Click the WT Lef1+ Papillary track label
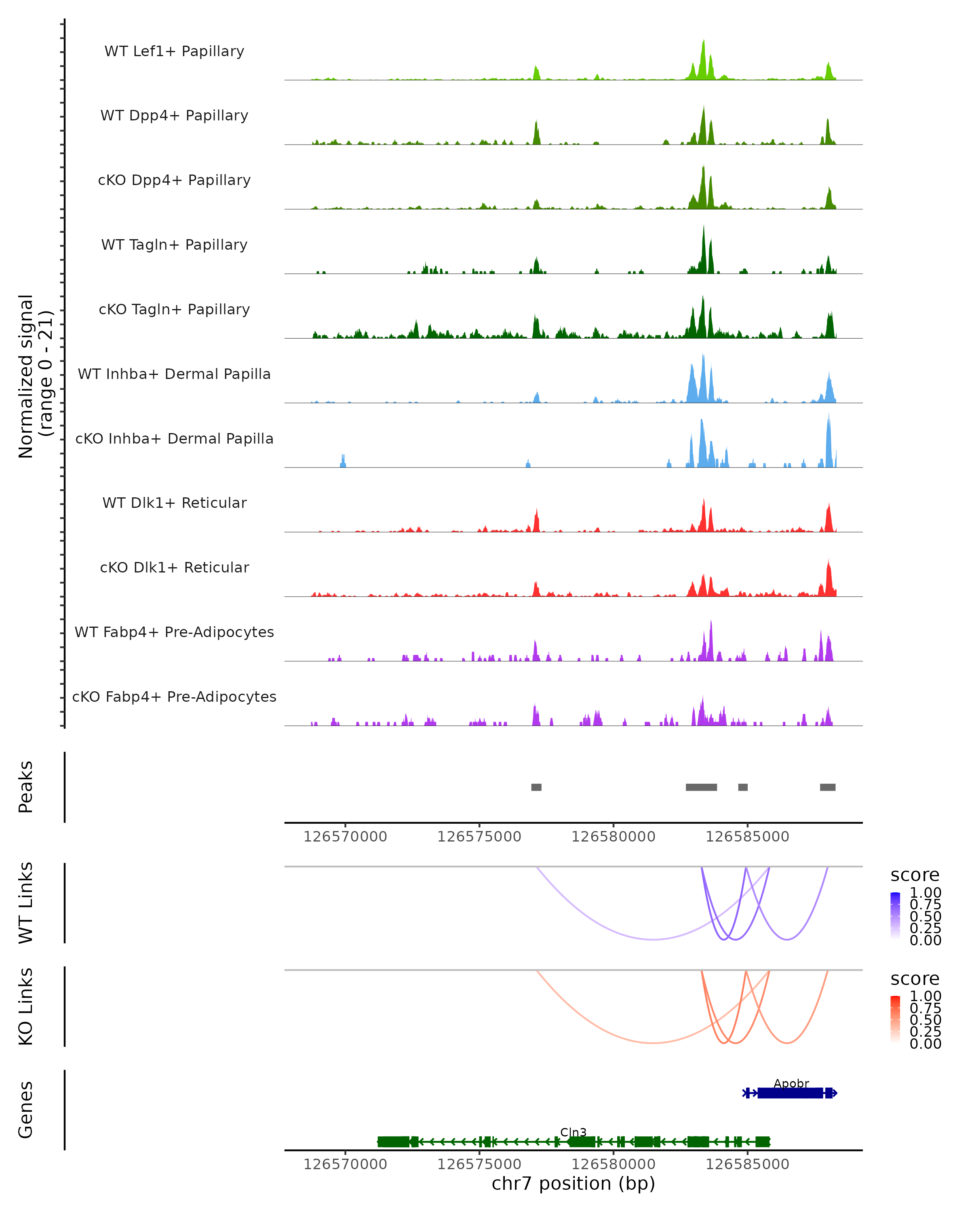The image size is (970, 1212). (174, 51)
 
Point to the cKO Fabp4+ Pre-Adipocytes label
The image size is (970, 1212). (174, 696)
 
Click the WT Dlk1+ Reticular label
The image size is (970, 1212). (174, 503)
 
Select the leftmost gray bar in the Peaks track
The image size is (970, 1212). (536, 787)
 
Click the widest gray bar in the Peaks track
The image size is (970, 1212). (701, 787)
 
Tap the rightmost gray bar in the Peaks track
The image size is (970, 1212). (827, 787)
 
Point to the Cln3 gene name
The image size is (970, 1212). (573, 1132)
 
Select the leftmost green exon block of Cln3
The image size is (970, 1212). (393, 1142)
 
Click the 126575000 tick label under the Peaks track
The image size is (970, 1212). (479, 837)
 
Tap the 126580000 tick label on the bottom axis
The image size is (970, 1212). (613, 1164)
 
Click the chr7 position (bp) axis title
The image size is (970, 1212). (573, 1183)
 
